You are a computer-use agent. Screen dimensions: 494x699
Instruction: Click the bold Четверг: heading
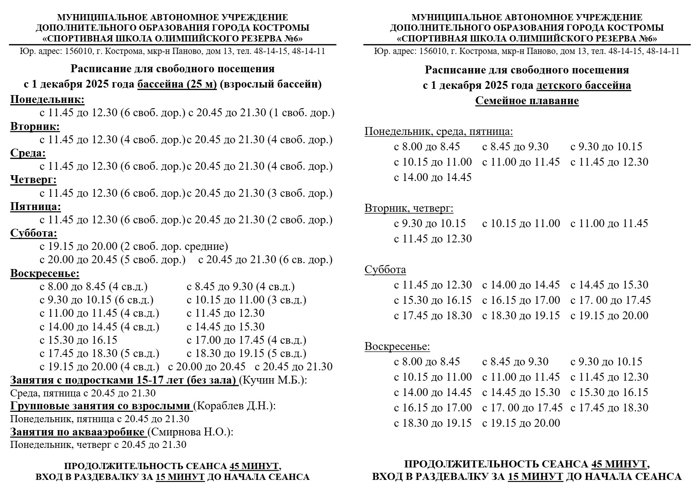[33, 180]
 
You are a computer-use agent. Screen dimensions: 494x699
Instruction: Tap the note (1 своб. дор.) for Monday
[302, 113]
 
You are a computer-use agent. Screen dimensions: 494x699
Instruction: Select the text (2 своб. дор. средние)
[174, 247]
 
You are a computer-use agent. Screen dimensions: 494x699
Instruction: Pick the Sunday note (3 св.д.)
[287, 300]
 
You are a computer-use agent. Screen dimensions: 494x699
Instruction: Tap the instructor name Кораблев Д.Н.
[234, 406]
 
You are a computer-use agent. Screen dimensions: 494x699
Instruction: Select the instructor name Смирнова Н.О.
[190, 432]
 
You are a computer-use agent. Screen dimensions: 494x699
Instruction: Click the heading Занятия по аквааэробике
[78, 432]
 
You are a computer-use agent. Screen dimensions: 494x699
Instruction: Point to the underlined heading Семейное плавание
[527, 101]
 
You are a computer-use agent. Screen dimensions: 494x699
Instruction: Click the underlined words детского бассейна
[584, 86]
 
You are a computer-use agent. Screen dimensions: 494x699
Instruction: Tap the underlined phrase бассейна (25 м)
[177, 84]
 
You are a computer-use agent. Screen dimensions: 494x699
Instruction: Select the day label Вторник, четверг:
[409, 208]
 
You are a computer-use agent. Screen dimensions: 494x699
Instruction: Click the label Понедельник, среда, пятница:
[439, 132]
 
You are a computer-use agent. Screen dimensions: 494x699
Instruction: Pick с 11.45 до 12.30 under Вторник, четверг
[433, 239]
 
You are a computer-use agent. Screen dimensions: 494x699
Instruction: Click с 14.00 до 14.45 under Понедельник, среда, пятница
[433, 177]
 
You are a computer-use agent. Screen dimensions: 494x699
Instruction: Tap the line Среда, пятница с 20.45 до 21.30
[83, 393]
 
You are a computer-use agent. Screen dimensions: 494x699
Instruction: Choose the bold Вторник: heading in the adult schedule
[35, 126]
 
